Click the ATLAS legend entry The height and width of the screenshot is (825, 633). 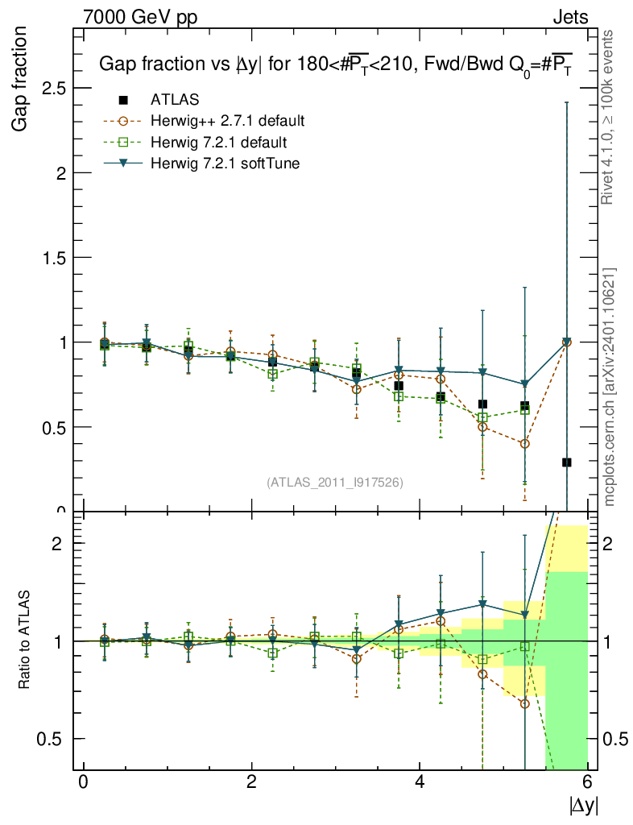[x=174, y=100]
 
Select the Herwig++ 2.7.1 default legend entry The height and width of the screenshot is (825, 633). [x=227, y=122]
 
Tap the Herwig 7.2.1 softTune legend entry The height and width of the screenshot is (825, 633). [x=224, y=164]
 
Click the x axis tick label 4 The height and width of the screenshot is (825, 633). [x=420, y=781]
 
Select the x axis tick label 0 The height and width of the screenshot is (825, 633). [x=83, y=781]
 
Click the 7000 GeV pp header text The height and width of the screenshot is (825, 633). [x=139, y=16]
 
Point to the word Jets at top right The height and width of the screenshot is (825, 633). [x=570, y=16]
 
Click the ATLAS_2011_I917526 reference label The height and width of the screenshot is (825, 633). [x=335, y=482]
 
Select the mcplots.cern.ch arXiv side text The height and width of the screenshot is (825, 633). [x=611, y=387]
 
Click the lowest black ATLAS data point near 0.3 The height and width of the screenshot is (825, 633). [x=567, y=462]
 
